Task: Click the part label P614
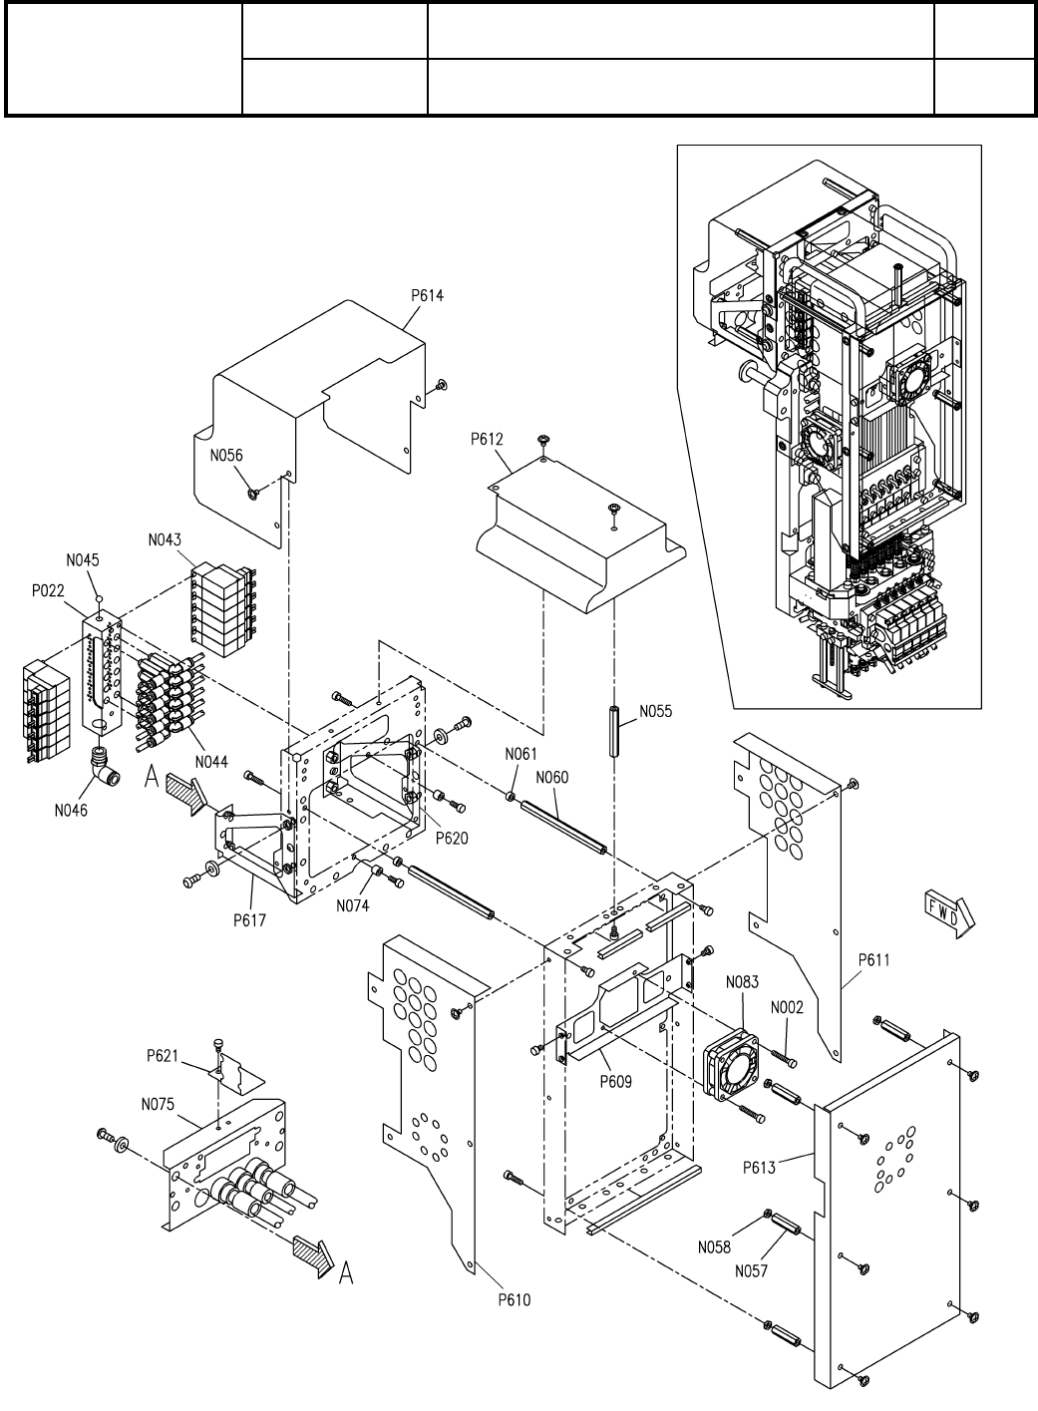(427, 295)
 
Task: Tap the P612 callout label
(487, 439)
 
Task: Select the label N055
(656, 711)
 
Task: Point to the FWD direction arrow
(949, 914)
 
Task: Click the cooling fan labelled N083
(731, 1066)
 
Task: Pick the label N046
(71, 811)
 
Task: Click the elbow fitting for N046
(101, 763)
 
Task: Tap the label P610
(514, 1299)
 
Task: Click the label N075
(158, 1104)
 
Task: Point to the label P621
(163, 1055)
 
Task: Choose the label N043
(165, 539)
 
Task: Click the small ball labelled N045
(99, 597)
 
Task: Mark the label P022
(48, 591)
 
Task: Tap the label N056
(226, 456)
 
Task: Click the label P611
(874, 959)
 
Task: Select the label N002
(787, 1007)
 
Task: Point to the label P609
(615, 1082)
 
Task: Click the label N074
(352, 905)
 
